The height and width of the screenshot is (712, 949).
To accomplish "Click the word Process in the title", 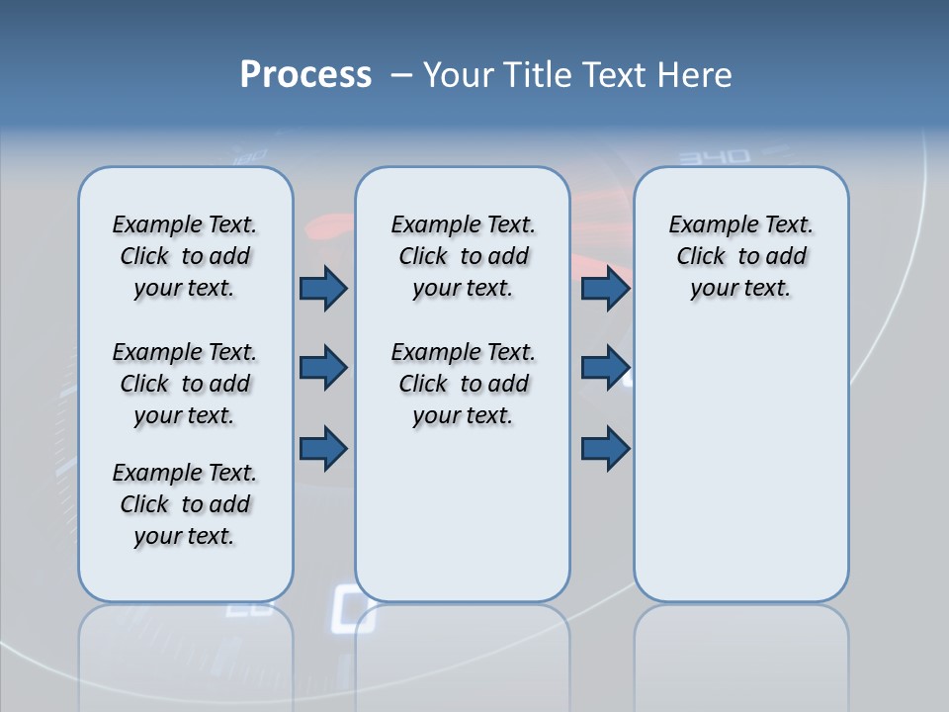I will click(305, 75).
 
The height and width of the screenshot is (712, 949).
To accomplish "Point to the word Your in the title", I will click(459, 75).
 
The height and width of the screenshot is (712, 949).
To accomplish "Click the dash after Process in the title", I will click(401, 75).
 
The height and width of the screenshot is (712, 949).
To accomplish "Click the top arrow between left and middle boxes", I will click(323, 289).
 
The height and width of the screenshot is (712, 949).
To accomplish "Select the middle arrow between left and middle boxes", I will click(323, 369).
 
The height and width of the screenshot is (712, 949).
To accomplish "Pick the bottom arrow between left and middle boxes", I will click(323, 448).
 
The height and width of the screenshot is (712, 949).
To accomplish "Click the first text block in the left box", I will click(185, 256).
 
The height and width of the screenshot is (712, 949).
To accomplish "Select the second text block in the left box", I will click(185, 384).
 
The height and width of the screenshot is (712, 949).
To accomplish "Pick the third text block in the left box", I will click(185, 504).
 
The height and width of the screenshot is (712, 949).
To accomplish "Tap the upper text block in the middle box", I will click(463, 256).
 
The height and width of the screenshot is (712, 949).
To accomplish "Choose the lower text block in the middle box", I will click(463, 384).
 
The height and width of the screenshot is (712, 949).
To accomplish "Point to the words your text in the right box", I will click(740, 289).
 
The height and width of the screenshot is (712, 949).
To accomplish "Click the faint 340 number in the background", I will click(715, 157).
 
